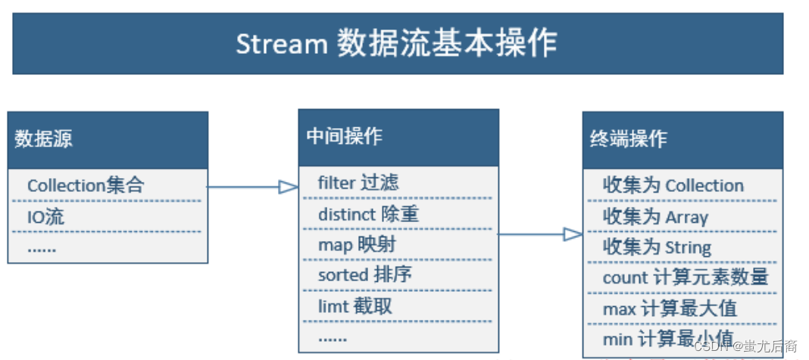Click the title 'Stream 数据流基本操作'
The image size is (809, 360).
[396, 43]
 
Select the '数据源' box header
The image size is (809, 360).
[44, 139]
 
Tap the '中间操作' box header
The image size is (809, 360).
[345, 136]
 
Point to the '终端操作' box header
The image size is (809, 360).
[629, 139]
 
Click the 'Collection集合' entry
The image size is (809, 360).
[86, 186]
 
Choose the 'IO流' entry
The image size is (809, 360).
[46, 217]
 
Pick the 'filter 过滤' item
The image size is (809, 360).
[358, 183]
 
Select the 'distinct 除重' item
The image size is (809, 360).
[368, 214]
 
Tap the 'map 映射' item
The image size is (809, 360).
[357, 245]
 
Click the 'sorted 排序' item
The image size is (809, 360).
[365, 275]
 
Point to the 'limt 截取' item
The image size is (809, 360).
[355, 306]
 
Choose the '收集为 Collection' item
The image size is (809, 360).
[673, 186]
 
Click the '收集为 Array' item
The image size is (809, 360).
[655, 217]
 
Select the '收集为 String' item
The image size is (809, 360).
[657, 247]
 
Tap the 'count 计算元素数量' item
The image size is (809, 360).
[686, 277]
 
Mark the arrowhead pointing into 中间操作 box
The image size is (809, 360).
[289, 186]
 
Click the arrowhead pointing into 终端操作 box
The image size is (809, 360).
[573, 235]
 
